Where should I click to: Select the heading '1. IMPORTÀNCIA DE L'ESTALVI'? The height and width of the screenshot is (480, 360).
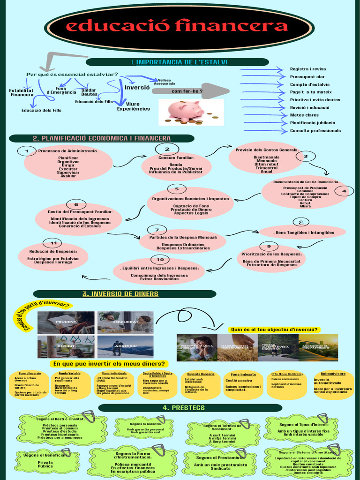180,62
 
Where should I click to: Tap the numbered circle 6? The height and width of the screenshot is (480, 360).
76,204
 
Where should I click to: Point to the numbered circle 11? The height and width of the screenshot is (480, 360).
53,243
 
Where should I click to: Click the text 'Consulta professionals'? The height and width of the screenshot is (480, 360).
315,130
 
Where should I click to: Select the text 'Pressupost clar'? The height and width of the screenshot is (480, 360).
307,76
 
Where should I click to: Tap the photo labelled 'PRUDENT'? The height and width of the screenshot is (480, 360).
66,322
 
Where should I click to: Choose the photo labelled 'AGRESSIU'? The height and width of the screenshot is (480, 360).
125,346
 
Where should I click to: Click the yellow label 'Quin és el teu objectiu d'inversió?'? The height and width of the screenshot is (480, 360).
275,329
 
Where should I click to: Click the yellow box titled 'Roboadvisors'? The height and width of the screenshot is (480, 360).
333,384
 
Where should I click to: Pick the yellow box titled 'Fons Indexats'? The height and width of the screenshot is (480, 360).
243,385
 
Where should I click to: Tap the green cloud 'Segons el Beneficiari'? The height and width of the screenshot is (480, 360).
45,461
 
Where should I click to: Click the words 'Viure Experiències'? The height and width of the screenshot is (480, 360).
133,106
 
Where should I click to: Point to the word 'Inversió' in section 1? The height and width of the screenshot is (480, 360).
137,87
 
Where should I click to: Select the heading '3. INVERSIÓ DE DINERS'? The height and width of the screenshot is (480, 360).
120,294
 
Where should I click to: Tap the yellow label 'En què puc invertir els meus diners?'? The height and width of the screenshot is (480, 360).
109,364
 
